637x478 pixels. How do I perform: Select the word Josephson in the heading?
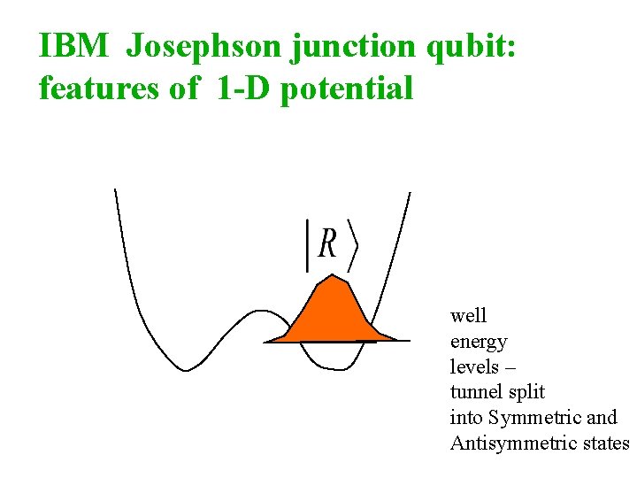[204, 47]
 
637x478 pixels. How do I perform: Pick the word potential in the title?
[347, 89]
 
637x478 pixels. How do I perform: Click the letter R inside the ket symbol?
[327, 243]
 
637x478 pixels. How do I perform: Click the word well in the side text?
[468, 316]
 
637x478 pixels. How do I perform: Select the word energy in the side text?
[479, 343]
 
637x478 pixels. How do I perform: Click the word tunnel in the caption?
[478, 391]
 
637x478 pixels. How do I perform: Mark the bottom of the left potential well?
[185, 369]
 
